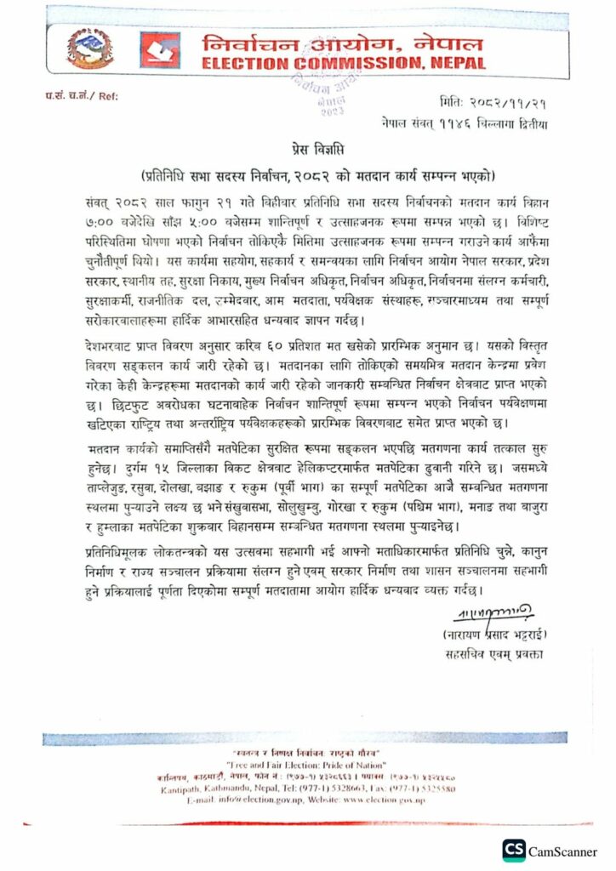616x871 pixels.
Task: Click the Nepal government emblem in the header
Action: (83, 50)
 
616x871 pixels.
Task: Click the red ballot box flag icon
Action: (159, 50)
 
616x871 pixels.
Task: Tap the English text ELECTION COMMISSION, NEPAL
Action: (345, 64)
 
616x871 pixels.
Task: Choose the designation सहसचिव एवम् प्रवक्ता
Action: (491, 655)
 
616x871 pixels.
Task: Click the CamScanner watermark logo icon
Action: (514, 851)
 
